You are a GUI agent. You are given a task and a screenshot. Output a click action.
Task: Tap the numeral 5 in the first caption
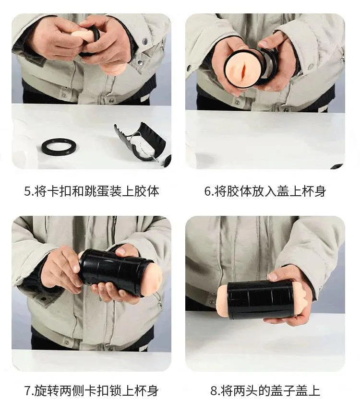(27, 191)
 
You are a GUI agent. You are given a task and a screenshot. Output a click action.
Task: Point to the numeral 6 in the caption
(207, 191)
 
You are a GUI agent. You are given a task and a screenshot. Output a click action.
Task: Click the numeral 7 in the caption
(28, 391)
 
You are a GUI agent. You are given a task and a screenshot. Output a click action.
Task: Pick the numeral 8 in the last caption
(214, 391)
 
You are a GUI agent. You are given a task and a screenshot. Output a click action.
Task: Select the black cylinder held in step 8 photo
(260, 300)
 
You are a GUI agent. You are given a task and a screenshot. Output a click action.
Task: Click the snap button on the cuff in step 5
(144, 41)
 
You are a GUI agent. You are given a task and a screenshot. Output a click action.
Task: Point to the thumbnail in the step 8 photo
(273, 276)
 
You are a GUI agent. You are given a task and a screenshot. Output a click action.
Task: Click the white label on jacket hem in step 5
(144, 99)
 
